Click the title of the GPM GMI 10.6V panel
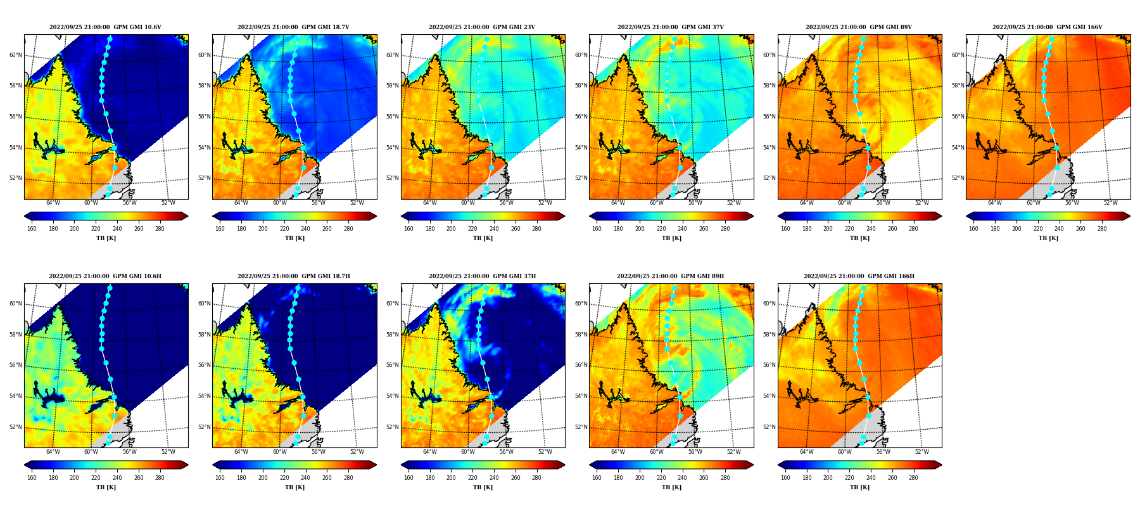(x=105, y=27)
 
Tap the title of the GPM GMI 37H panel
(x=482, y=276)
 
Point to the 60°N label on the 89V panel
(x=769, y=55)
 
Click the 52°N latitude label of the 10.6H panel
(x=16, y=427)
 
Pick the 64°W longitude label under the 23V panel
(x=429, y=203)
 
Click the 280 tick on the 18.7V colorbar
(x=348, y=229)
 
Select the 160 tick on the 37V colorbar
(x=597, y=229)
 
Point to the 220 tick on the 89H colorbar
(x=661, y=478)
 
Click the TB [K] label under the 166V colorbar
(x=1048, y=238)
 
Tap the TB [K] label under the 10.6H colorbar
(x=106, y=487)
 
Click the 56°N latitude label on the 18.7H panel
(x=204, y=366)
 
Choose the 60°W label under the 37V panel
(x=656, y=203)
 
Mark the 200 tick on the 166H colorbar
(x=828, y=478)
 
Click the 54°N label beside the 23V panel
(x=393, y=148)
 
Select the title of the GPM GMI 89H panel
(x=670, y=276)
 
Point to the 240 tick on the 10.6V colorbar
(x=117, y=229)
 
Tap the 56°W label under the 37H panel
(x=506, y=452)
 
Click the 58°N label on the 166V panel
(x=958, y=86)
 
